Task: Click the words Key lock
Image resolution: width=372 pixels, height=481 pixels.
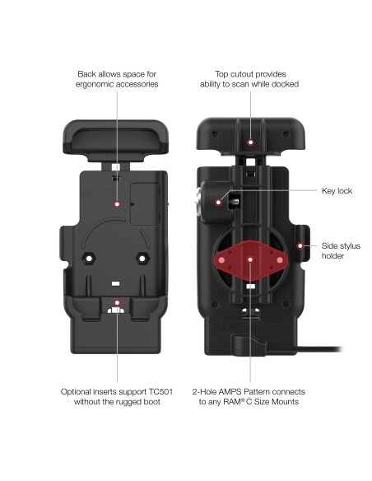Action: tap(337, 191)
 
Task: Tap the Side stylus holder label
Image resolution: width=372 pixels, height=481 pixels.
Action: tap(341, 250)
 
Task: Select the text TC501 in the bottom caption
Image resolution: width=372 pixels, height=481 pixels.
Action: tap(160, 392)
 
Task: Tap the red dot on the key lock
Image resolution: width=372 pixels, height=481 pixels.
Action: tap(218, 202)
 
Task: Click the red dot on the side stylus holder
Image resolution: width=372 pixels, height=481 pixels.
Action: tap(300, 245)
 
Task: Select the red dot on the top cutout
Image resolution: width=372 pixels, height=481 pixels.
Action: tap(251, 142)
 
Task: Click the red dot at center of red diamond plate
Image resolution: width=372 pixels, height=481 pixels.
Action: tap(250, 259)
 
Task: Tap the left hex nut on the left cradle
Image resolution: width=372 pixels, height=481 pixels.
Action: tap(89, 259)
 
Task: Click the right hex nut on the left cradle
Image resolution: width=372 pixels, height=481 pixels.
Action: tap(142, 259)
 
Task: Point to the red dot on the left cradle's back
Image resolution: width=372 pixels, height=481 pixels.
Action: tap(117, 204)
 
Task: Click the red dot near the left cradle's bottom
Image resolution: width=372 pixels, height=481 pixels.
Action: tap(117, 303)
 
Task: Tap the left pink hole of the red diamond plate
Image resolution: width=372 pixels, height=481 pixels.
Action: tap(221, 260)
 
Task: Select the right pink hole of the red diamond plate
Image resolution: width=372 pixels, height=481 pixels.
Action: tap(280, 260)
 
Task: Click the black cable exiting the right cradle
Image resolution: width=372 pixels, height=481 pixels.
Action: tap(319, 349)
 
